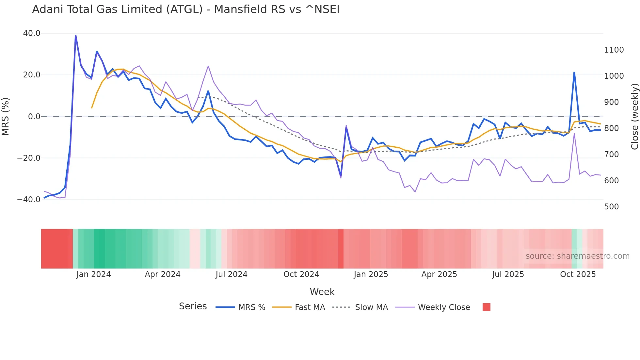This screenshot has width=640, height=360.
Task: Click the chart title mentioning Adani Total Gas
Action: click(x=185, y=9)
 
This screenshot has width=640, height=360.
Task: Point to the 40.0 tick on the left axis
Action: click(x=32, y=33)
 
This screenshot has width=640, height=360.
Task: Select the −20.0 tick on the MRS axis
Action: click(x=29, y=158)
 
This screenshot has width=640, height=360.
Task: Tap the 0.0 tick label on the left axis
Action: click(x=34, y=117)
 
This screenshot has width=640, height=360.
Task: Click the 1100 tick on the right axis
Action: click(x=614, y=50)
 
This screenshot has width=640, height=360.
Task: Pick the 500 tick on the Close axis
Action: click(x=611, y=207)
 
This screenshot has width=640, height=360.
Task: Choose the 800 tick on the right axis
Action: click(x=611, y=128)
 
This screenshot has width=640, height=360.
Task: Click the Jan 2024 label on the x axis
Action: click(x=94, y=274)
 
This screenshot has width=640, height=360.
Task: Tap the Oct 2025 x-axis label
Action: click(x=578, y=274)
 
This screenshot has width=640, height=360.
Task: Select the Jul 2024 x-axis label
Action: click(x=231, y=274)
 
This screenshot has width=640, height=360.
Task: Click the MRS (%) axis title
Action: click(x=6, y=117)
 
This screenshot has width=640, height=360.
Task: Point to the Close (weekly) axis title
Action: click(x=634, y=117)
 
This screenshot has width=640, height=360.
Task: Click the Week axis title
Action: click(x=322, y=292)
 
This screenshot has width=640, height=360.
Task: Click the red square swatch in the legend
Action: click(x=486, y=307)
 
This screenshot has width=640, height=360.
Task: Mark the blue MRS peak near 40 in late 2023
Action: click(x=76, y=36)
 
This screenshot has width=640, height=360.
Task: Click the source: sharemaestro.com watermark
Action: click(x=577, y=256)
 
